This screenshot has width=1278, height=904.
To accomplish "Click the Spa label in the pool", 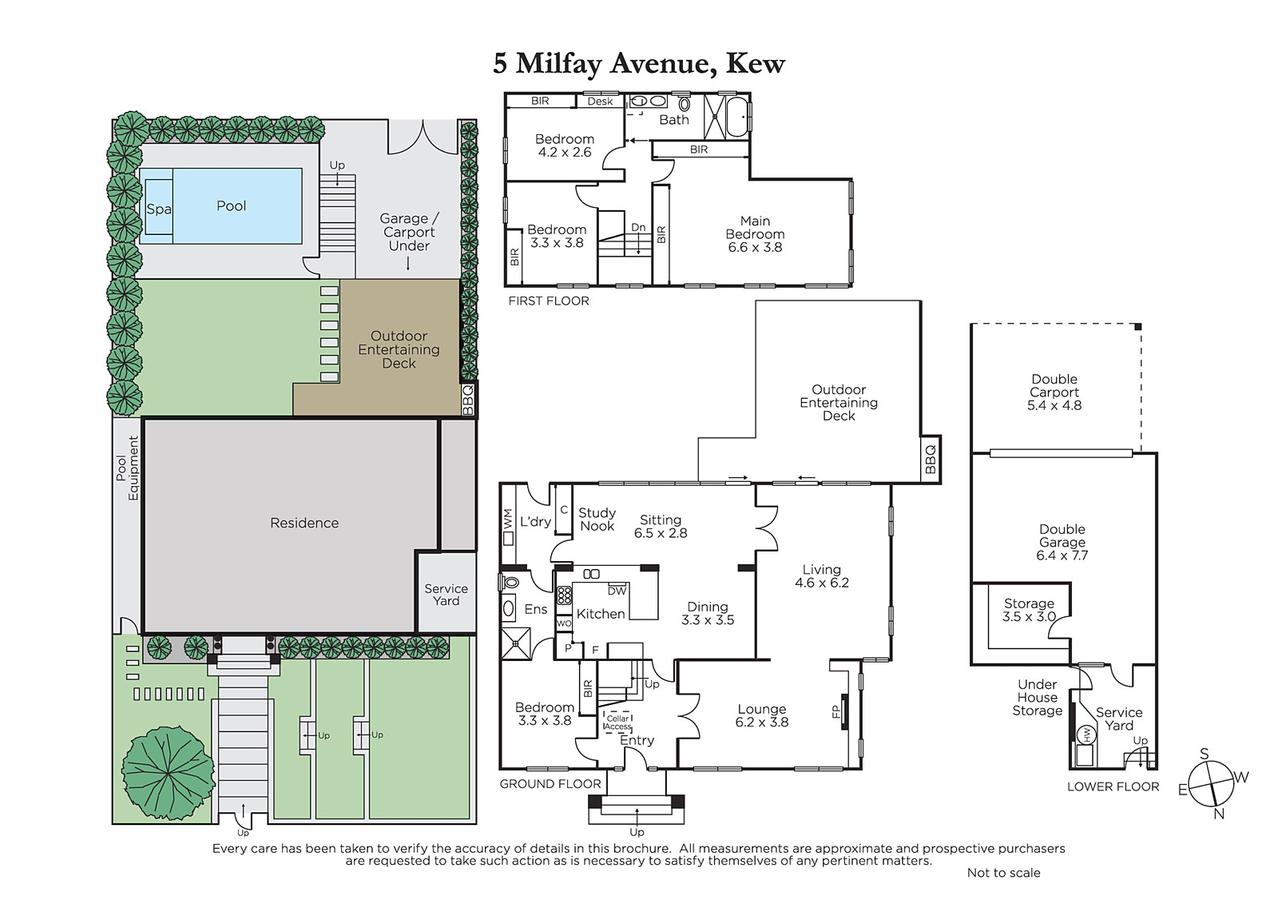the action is pyautogui.click(x=159, y=209).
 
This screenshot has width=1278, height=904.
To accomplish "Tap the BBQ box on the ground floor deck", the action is pyautogui.click(x=930, y=460).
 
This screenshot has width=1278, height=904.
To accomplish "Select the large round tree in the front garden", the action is pyautogui.click(x=169, y=773).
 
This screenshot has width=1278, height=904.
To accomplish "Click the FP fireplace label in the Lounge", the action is pyautogui.click(x=835, y=711).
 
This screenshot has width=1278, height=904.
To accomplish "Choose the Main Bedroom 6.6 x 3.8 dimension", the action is pyautogui.click(x=755, y=247).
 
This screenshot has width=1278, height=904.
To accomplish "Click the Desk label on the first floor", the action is pyautogui.click(x=600, y=101).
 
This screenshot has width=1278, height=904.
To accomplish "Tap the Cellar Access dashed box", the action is pyautogui.click(x=618, y=723).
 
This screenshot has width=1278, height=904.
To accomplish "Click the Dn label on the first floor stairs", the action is pyautogui.click(x=638, y=227).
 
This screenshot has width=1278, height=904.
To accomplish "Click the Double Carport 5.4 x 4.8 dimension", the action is pyautogui.click(x=1054, y=405).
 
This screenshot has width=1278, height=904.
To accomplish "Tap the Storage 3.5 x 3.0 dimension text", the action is pyautogui.click(x=1029, y=617).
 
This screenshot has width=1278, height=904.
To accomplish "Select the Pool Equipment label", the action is pyautogui.click(x=127, y=468).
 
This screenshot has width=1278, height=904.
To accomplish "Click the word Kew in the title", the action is pyautogui.click(x=755, y=63).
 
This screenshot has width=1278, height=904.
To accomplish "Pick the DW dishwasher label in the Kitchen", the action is pyautogui.click(x=617, y=591).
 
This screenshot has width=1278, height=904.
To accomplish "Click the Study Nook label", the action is pyautogui.click(x=597, y=519).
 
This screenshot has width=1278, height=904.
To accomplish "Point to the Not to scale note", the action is pyautogui.click(x=1003, y=873).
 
